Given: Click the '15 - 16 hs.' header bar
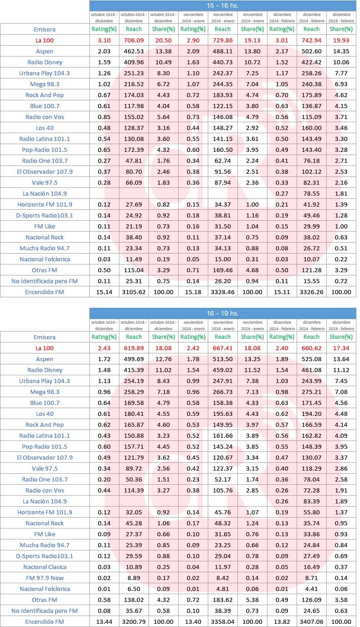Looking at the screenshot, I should [222, 5].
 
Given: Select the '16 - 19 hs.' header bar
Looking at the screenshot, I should [222, 313].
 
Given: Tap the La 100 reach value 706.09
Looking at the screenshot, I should [134, 40].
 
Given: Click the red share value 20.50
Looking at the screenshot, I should [163, 40].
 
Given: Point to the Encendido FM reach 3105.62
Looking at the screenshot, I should [134, 292].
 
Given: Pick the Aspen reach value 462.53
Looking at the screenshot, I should [134, 51].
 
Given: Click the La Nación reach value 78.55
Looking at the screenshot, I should [311, 193].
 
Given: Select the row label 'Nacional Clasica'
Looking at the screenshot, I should [45, 567].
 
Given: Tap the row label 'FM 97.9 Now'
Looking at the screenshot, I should [45, 578].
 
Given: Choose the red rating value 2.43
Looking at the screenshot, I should [104, 348].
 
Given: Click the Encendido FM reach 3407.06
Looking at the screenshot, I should [311, 622].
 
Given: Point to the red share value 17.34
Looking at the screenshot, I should [341, 348].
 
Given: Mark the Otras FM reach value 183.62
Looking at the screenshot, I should [222, 600].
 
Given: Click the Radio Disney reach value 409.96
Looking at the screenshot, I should [134, 62].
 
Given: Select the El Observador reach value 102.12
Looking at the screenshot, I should [311, 171].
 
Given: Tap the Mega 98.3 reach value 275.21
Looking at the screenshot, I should [311, 392].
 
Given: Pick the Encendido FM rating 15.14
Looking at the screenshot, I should [104, 292].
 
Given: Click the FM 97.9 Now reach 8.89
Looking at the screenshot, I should [134, 578].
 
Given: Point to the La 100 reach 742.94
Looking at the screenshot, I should [311, 40].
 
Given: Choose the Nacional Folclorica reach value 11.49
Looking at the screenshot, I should [134, 259].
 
